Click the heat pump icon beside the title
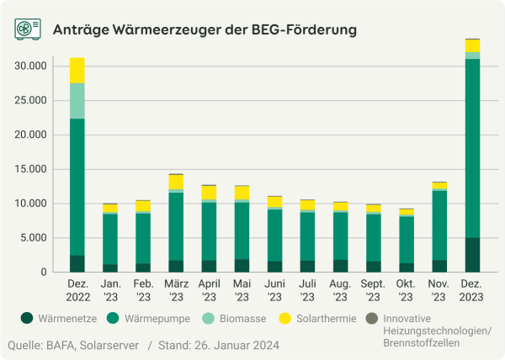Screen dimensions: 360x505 click(x=29, y=29)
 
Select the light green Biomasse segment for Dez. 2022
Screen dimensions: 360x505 click(x=77, y=101)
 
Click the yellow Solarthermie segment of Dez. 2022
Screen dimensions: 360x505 click(x=77, y=70)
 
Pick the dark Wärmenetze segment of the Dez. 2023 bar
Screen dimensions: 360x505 click(x=472, y=255)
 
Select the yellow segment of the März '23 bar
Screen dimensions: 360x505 click(x=176, y=182)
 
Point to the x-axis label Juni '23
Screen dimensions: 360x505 click(x=274, y=291)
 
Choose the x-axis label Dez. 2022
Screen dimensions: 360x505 click(x=77, y=291)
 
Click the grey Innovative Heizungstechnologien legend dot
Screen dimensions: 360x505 click(x=371, y=319)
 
